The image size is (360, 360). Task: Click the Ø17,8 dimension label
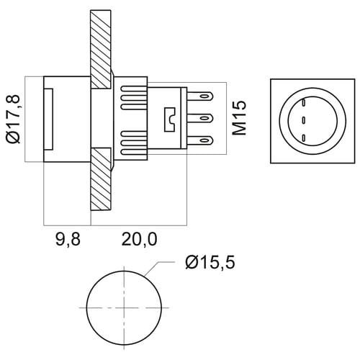(13, 119)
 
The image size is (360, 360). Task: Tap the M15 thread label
(239, 117)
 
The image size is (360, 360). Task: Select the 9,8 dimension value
(68, 239)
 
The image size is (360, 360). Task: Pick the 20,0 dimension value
(139, 239)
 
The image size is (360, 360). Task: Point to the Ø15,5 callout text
(210, 262)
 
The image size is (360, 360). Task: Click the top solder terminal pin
(200, 96)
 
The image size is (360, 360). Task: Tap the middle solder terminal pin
(200, 118)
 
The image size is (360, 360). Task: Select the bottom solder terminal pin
(200, 140)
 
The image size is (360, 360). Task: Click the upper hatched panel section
(101, 49)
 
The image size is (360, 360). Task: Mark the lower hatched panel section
(101, 179)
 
